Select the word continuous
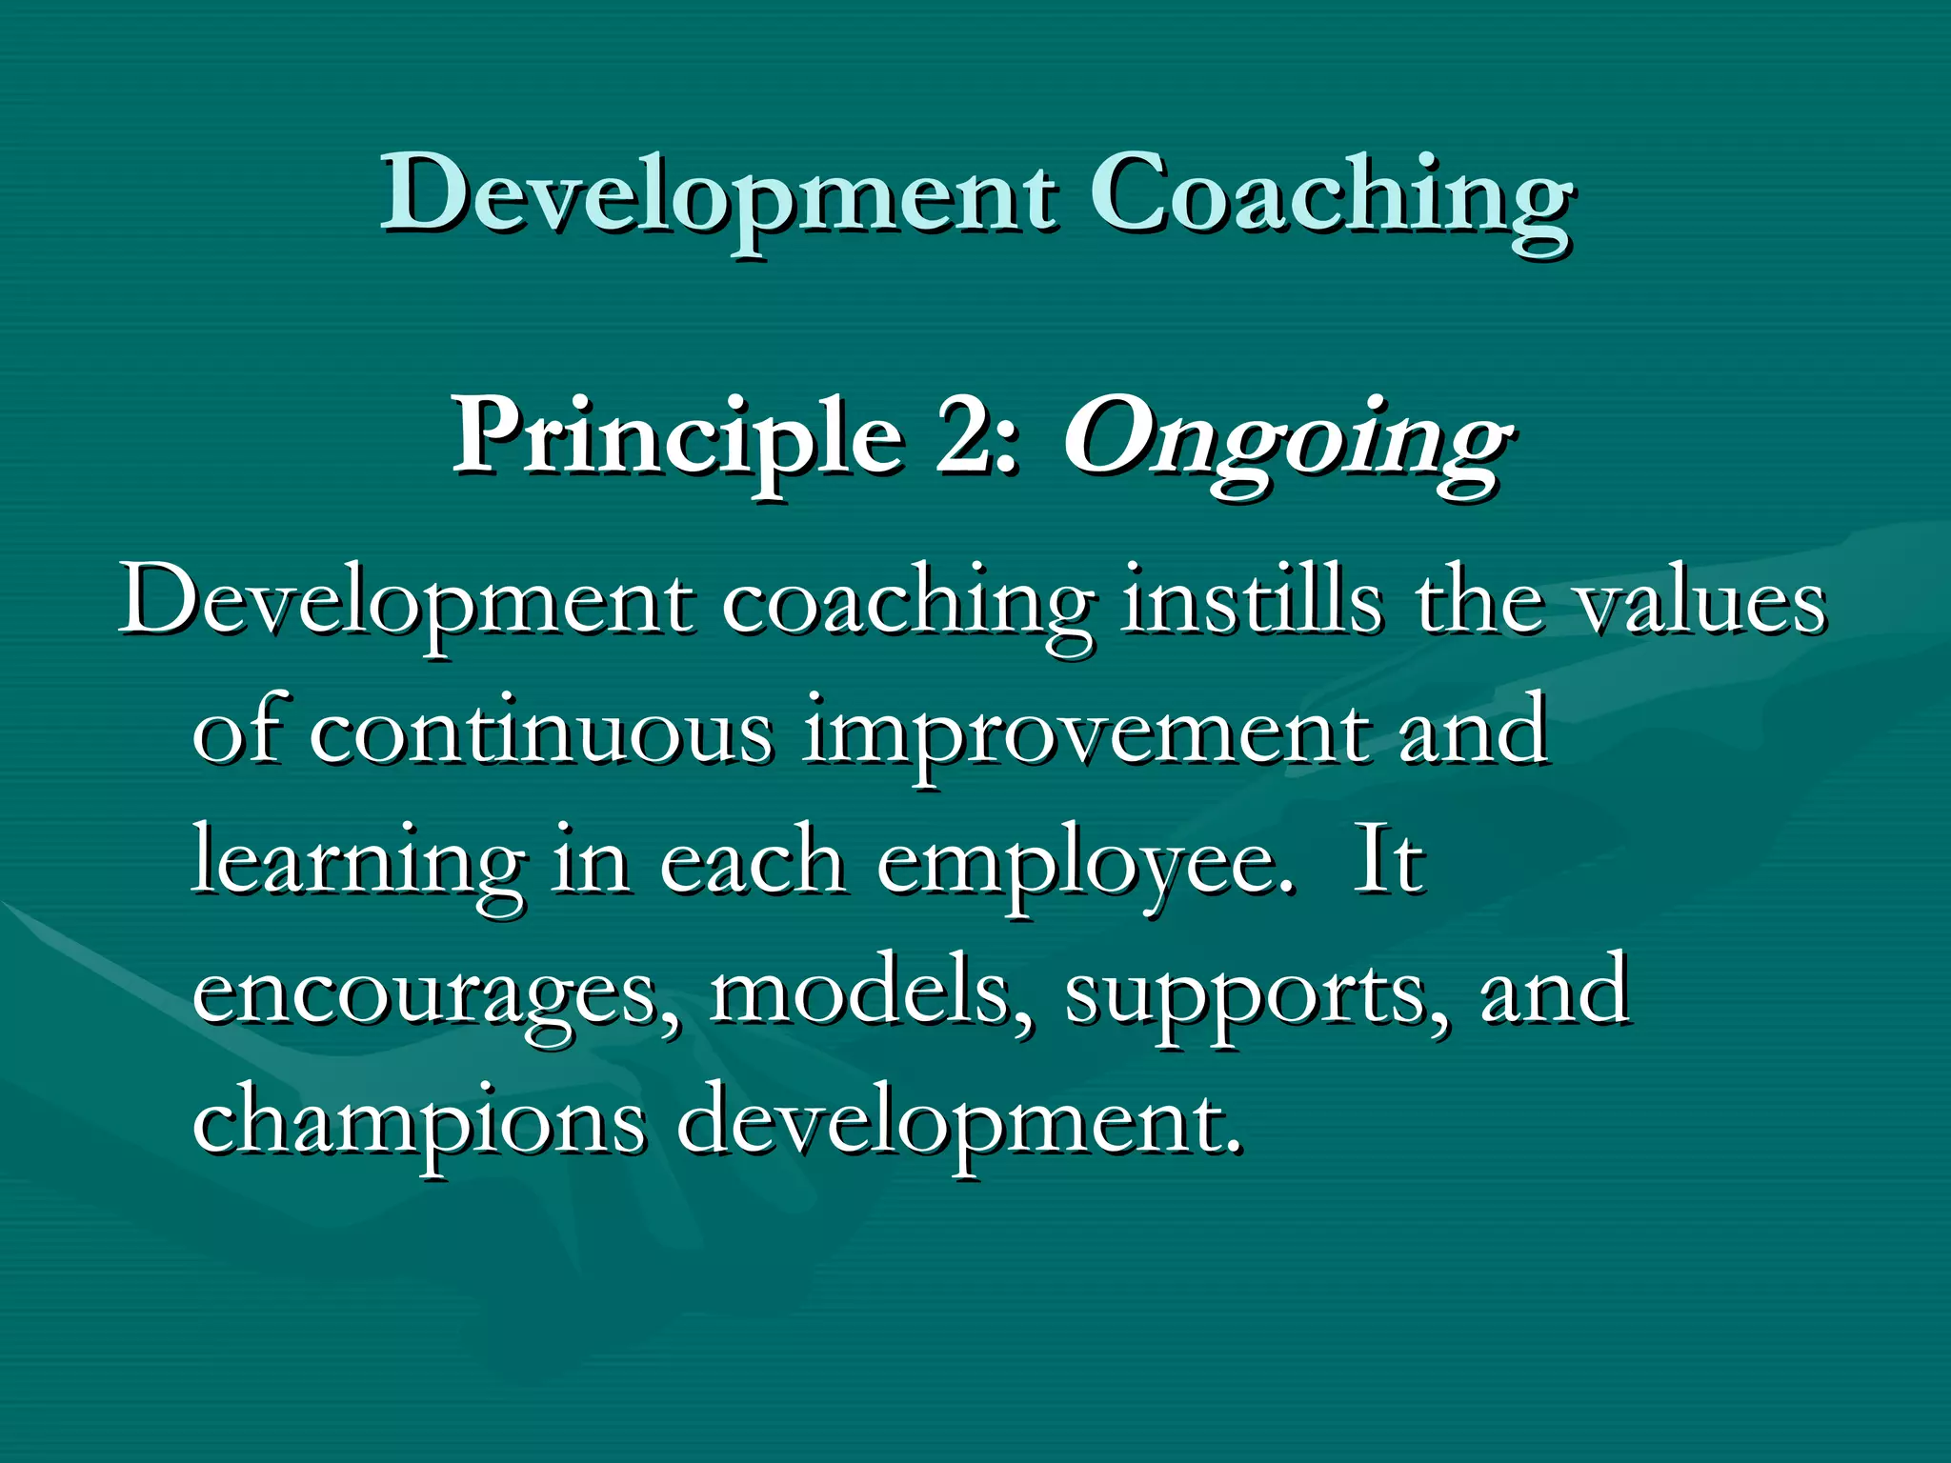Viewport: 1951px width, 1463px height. point(539,731)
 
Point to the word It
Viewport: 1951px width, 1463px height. point(1388,861)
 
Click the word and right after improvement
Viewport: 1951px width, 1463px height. point(1473,731)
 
